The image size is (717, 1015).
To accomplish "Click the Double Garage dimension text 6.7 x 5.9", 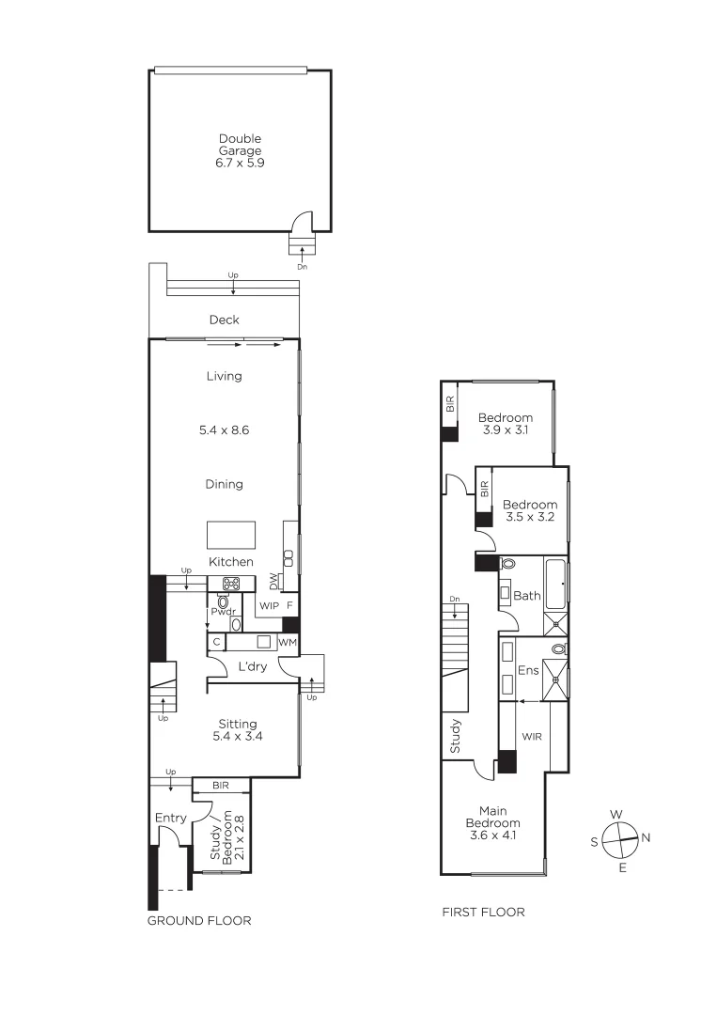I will [x=240, y=163].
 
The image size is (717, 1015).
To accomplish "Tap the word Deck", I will [x=224, y=320].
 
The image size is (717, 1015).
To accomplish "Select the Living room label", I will [x=224, y=376].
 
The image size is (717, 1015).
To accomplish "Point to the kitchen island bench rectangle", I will [x=231, y=534].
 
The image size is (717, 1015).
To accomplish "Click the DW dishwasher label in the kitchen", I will [x=273, y=580].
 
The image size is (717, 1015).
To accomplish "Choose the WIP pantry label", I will [x=268, y=606].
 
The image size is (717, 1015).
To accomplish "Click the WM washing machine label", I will [x=287, y=642].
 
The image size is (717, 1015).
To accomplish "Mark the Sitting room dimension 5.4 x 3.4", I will [x=238, y=737].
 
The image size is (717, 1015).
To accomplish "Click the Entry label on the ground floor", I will [x=171, y=818].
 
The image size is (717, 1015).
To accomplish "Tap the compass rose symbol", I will [x=620, y=836].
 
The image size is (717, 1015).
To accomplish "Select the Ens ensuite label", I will [x=527, y=672].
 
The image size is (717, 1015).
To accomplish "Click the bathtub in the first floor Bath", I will [x=554, y=583].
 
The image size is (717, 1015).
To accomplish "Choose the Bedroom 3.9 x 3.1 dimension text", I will [x=505, y=430].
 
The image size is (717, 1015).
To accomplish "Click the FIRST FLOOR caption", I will [x=483, y=912].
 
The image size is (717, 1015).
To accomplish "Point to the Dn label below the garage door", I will [x=302, y=267].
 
